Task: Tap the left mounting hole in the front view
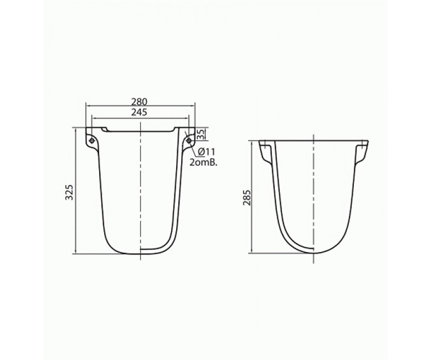pos(91,141)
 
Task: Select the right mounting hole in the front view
pos(188,141)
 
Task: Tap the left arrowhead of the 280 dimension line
pos(88,106)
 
